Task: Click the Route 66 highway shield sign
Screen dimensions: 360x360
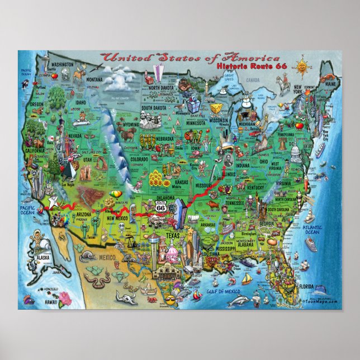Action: coord(161,207)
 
